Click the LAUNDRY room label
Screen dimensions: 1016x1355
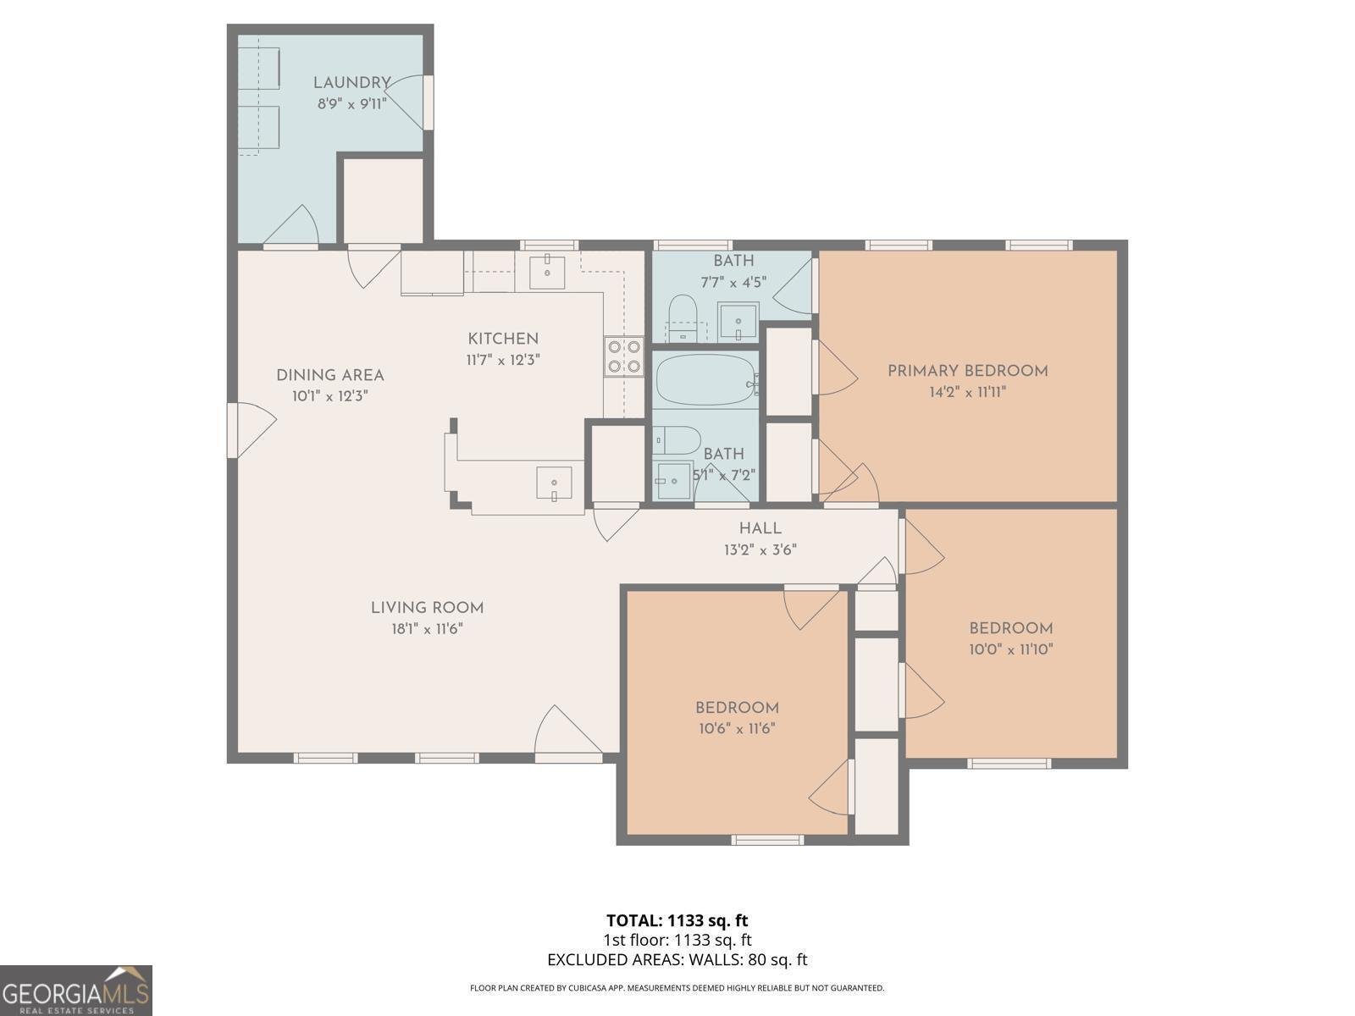[351, 83]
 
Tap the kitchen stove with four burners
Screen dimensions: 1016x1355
[623, 356]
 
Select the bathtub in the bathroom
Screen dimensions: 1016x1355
[705, 380]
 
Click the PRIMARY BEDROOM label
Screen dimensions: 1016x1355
[967, 371]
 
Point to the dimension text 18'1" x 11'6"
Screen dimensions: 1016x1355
[427, 629]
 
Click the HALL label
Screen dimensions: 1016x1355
[760, 528]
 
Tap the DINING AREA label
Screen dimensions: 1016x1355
[329, 375]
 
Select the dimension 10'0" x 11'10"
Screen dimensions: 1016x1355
[1011, 649]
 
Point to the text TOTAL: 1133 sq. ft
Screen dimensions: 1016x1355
[677, 920]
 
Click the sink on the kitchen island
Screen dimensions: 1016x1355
[554, 483]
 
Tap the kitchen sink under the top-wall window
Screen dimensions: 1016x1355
[547, 271]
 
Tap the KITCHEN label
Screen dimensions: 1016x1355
[503, 339]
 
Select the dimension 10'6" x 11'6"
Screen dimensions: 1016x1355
[737, 729]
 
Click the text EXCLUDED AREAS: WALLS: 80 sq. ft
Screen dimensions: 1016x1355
[677, 960]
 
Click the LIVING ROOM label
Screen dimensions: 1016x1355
[427, 608]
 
